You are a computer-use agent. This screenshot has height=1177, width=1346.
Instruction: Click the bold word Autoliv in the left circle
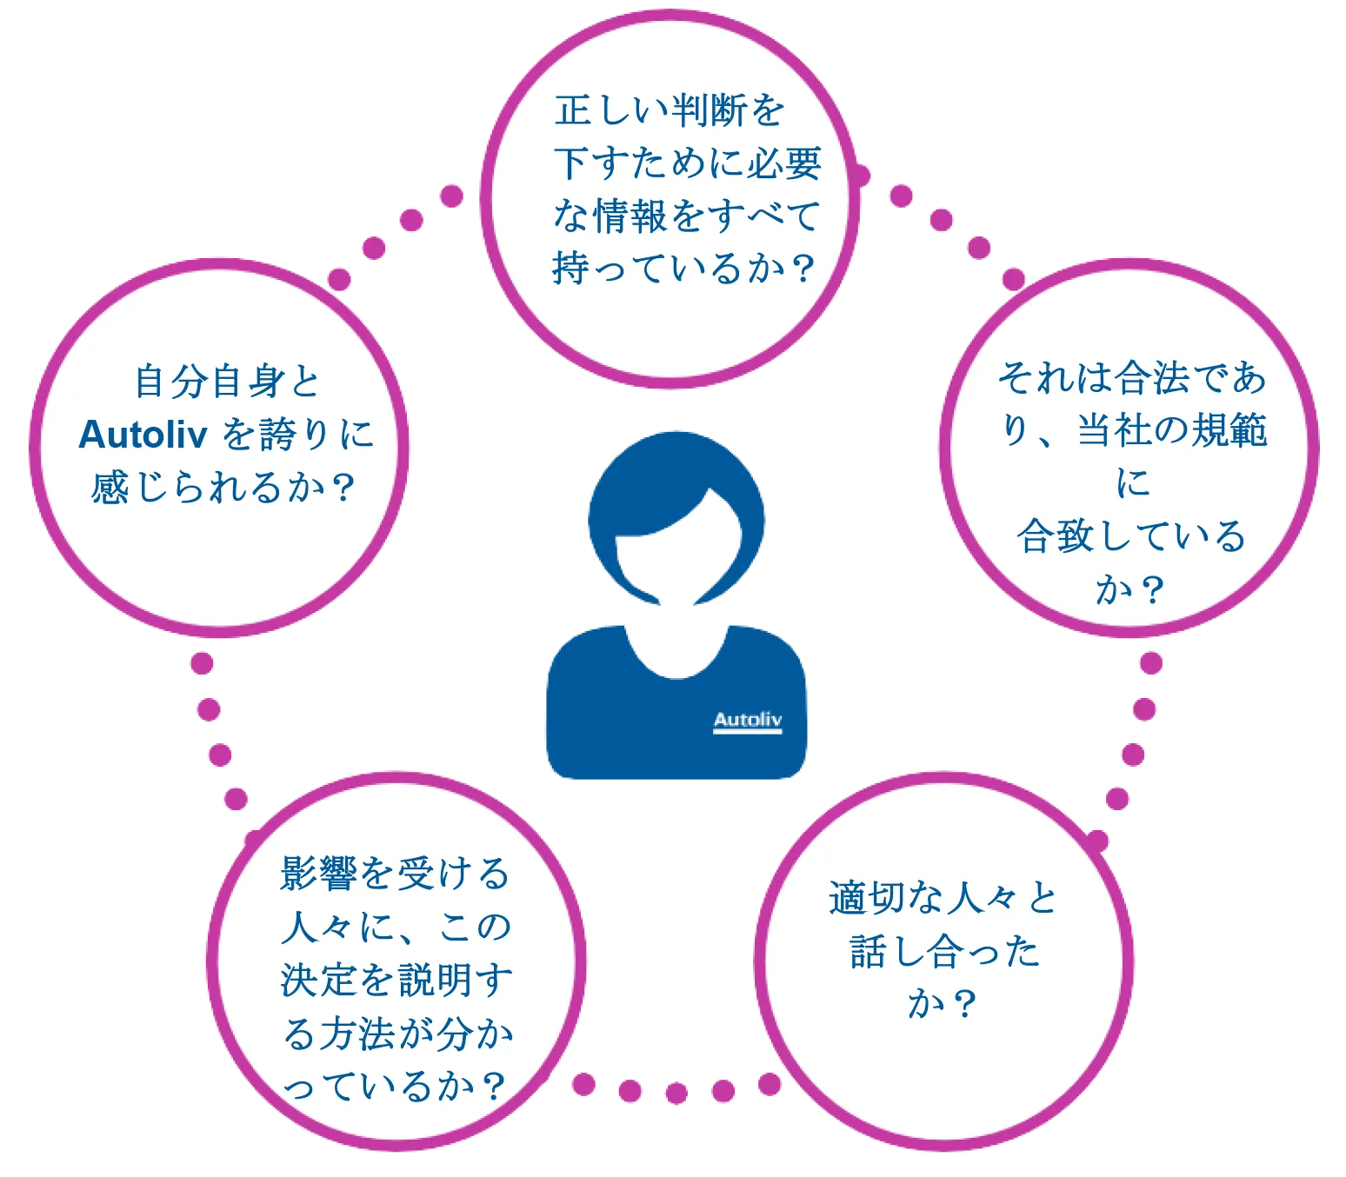tap(143, 436)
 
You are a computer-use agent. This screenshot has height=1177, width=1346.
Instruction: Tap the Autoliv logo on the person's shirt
tap(747, 721)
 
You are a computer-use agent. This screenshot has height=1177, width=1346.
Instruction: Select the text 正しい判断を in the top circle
tap(669, 110)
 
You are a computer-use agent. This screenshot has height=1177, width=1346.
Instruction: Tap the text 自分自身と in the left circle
tap(227, 382)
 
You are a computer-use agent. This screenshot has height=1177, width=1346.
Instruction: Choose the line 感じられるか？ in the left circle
tap(223, 488)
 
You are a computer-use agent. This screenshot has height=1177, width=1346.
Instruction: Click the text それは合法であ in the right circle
tap(1131, 378)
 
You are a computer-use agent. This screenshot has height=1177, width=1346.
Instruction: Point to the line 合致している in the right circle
tap(1131, 536)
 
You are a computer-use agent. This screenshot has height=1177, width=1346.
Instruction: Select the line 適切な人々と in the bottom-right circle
tap(943, 898)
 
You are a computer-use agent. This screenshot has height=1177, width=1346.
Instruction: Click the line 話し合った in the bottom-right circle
tap(944, 952)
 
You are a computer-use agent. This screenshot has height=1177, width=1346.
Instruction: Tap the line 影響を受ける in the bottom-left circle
tap(395, 874)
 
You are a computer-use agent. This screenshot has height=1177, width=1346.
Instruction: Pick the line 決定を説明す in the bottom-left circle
tap(396, 980)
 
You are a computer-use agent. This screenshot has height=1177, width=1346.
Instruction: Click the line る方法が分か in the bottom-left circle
tap(397, 1034)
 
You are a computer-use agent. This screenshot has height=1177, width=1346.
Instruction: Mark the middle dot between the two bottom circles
tap(676, 1093)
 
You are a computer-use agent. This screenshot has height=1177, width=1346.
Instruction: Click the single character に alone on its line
tap(1133, 483)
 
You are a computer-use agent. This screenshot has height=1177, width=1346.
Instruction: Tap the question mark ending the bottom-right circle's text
tap(963, 1006)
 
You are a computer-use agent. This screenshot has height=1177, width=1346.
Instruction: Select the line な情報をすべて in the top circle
tap(686, 216)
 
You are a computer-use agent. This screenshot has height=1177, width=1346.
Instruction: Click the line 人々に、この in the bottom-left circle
tap(396, 928)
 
